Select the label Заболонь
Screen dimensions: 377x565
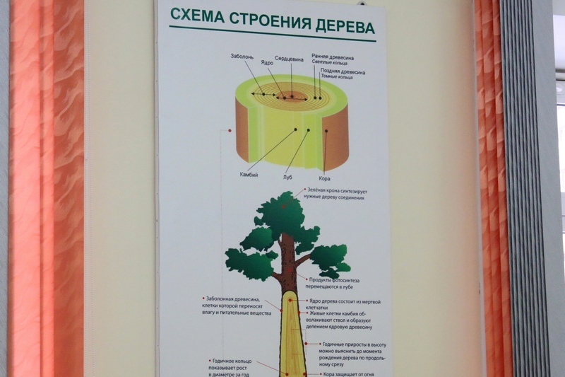[242, 55]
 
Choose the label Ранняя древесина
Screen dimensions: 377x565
[333, 57]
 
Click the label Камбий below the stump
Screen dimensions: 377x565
[249, 175]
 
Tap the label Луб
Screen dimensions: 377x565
[287, 177]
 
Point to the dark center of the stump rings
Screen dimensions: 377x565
[290, 96]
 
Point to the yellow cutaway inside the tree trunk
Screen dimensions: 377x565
[292, 340]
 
